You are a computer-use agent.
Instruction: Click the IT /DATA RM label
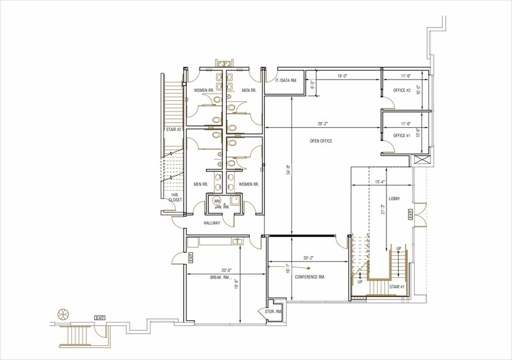286,80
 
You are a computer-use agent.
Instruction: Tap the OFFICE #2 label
401,91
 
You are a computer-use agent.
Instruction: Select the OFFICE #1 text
401,135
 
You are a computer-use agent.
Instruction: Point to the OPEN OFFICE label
320,141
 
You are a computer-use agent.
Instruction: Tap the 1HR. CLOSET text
175,197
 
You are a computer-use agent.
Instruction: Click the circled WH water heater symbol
216,201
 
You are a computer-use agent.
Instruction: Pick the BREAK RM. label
219,277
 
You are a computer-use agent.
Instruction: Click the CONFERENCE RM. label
309,277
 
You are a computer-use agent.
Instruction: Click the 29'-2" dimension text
323,124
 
